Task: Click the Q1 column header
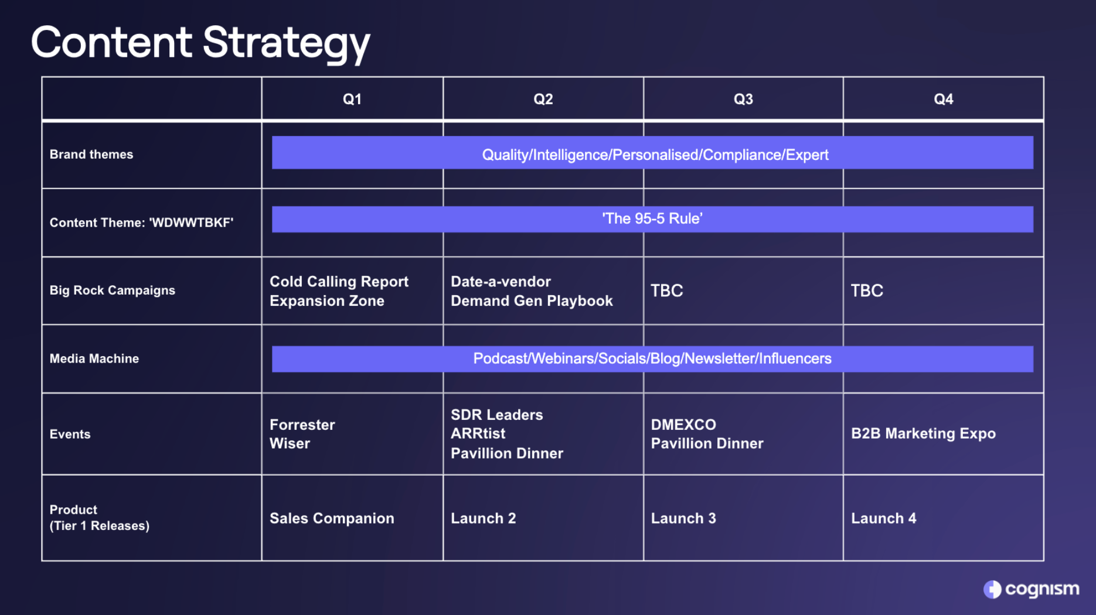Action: point(352,99)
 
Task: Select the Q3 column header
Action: point(743,99)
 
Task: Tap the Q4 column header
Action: point(943,99)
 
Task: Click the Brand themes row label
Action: point(91,155)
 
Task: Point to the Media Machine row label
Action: point(94,358)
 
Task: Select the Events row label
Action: point(70,434)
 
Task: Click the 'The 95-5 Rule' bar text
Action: point(652,218)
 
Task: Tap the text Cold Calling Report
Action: point(339,282)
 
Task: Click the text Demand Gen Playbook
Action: point(532,301)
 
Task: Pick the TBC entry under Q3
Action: point(667,291)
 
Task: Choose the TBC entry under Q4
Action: point(867,291)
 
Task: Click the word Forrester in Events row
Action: point(302,425)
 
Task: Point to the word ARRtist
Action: point(478,433)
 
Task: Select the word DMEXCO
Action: point(683,425)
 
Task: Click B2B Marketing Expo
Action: point(923,433)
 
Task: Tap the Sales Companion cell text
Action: point(332,518)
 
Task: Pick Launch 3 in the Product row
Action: point(683,518)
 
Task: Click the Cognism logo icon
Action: point(992,589)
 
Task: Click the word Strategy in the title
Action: point(287,43)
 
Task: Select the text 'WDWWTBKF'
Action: point(191,223)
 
